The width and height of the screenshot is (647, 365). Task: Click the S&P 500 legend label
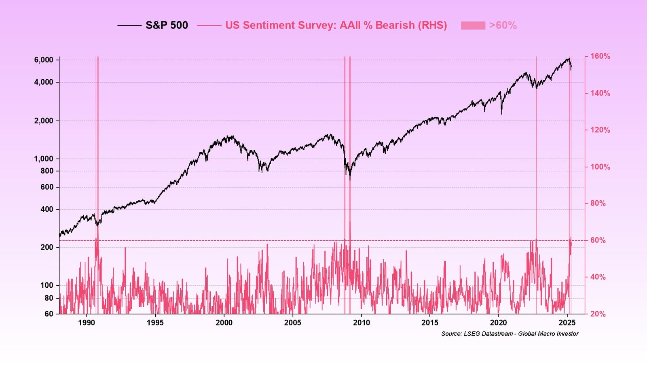click(x=167, y=25)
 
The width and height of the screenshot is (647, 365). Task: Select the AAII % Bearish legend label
click(x=336, y=25)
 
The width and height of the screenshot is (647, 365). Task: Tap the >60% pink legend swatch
click(x=473, y=25)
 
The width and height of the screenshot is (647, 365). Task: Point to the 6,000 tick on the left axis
click(x=43, y=60)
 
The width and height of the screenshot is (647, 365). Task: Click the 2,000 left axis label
click(x=43, y=121)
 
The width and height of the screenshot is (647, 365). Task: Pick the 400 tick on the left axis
click(x=47, y=209)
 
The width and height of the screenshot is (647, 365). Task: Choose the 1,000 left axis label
click(x=43, y=159)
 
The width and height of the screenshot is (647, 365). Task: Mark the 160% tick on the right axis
click(x=600, y=56)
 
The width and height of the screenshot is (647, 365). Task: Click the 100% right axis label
click(x=600, y=167)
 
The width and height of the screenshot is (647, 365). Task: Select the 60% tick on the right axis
click(x=598, y=240)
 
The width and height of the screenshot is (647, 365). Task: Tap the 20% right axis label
click(x=598, y=314)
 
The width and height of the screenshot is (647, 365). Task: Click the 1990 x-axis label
click(x=87, y=323)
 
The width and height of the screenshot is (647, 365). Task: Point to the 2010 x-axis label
click(x=361, y=323)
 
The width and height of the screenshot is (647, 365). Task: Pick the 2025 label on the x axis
click(x=567, y=323)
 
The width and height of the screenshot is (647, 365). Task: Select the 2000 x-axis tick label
click(x=224, y=323)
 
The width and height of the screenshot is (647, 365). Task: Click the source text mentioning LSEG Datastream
click(x=510, y=334)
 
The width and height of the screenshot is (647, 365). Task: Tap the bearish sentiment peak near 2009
click(x=350, y=222)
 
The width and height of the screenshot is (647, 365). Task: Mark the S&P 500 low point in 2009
click(x=350, y=179)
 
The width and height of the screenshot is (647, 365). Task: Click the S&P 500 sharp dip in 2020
click(x=501, y=114)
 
